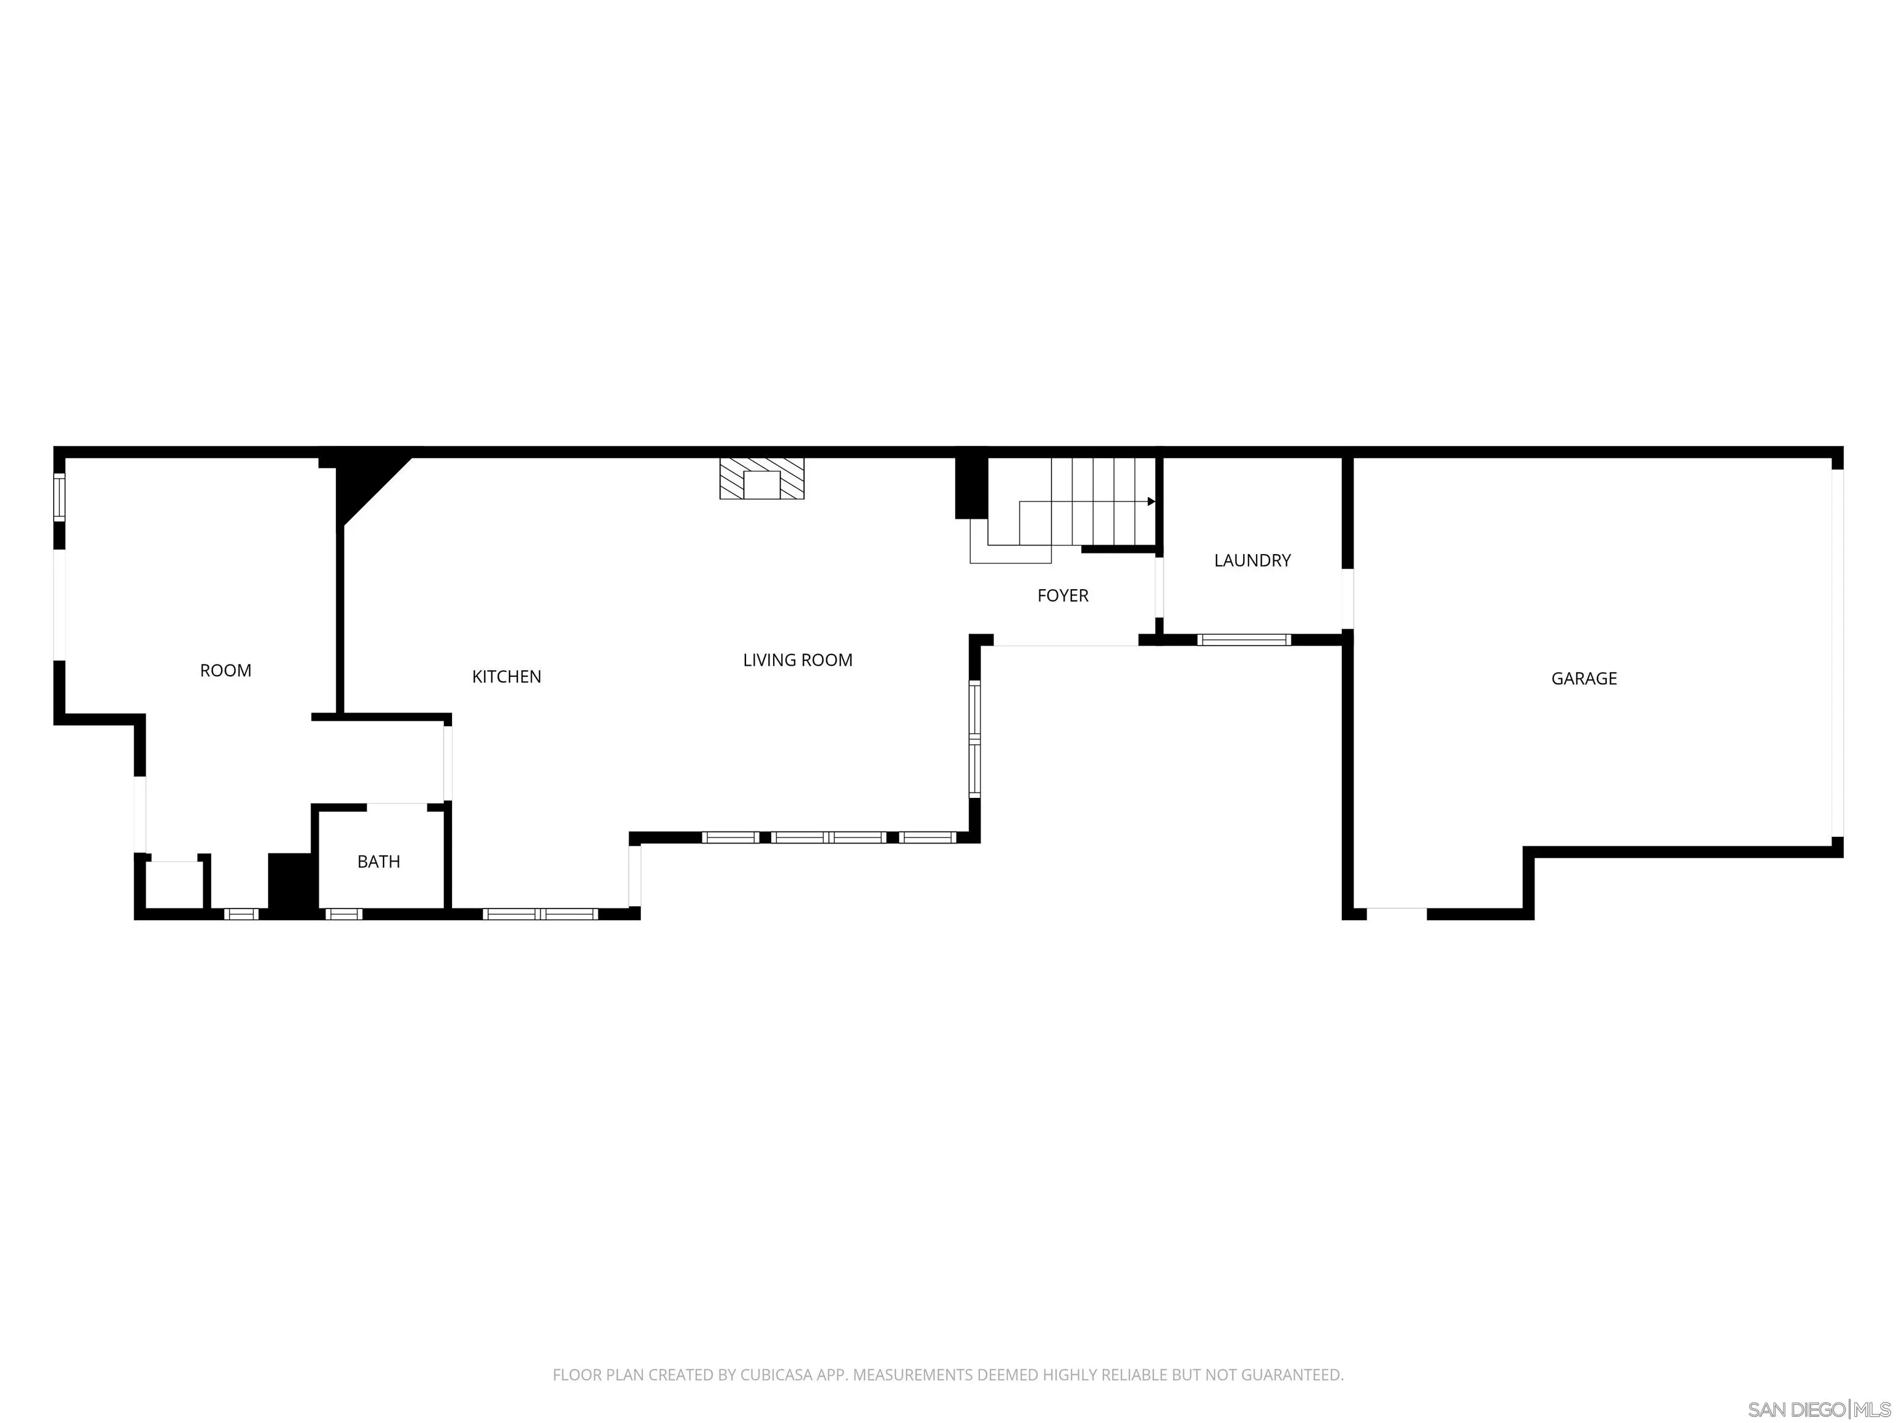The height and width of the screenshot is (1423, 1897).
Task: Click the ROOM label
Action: pyautogui.click(x=225, y=671)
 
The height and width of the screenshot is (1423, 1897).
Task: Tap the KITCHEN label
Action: pyautogui.click(x=506, y=677)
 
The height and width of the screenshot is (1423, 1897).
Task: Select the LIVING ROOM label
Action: pyautogui.click(x=798, y=660)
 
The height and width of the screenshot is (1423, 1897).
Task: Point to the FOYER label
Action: pyautogui.click(x=1063, y=595)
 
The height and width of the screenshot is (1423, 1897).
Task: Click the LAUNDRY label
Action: pyautogui.click(x=1252, y=561)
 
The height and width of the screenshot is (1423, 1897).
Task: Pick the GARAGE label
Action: pyautogui.click(x=1584, y=679)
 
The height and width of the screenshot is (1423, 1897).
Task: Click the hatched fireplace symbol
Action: pyautogui.click(x=761, y=479)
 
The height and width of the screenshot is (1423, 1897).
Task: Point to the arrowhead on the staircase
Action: pyautogui.click(x=1151, y=502)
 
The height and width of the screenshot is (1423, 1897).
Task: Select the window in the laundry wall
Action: pyautogui.click(x=1244, y=640)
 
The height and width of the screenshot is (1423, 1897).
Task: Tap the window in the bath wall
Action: pyautogui.click(x=344, y=914)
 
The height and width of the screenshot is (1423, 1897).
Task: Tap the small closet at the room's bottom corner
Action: pyautogui.click(x=174, y=883)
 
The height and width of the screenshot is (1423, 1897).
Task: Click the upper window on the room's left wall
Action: pyautogui.click(x=59, y=497)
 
